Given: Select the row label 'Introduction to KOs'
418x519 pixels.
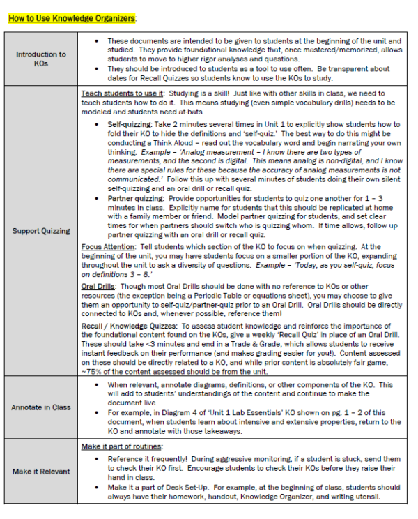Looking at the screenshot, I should point(41,59).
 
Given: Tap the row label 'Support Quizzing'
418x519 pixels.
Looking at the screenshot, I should point(41,230).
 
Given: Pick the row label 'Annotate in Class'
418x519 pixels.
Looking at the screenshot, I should point(41,407).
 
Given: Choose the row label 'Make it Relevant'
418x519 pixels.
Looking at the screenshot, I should point(41,472).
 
